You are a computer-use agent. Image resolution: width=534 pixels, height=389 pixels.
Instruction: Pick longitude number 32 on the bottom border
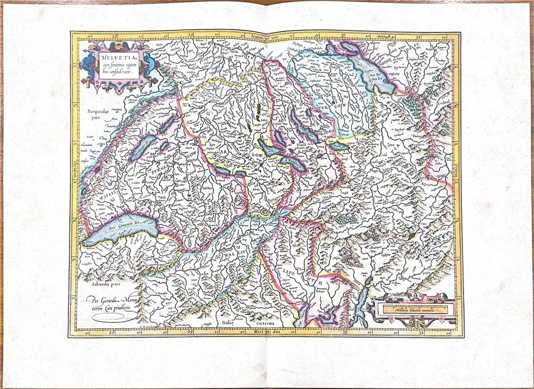pos(422,332)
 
